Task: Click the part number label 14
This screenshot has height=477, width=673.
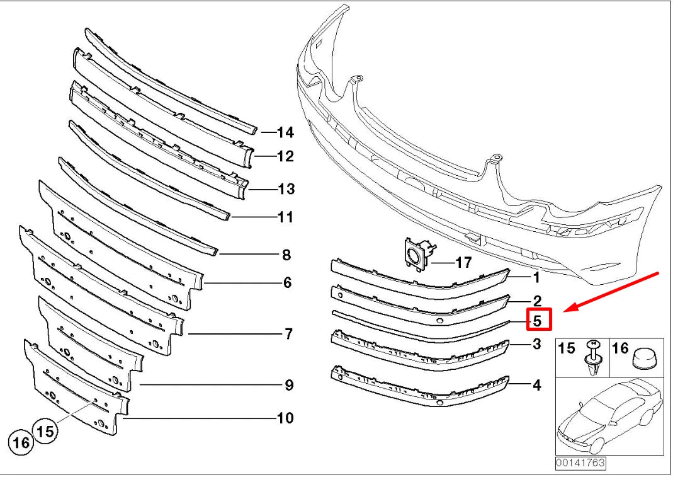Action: [285, 132]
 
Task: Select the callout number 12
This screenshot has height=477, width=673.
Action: [285, 156]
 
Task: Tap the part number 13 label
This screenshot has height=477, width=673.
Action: [286, 189]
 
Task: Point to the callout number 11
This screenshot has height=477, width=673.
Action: [285, 217]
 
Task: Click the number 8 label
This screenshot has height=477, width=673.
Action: [286, 255]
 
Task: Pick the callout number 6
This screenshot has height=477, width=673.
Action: [287, 283]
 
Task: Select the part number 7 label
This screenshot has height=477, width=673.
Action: [288, 333]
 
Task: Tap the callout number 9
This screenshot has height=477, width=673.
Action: [288, 385]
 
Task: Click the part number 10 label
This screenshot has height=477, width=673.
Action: [285, 418]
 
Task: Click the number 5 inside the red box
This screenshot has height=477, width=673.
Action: [538, 320]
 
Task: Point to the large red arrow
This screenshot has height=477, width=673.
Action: [611, 292]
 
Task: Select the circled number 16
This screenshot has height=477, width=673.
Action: [21, 443]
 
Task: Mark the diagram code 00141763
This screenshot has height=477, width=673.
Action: [580, 463]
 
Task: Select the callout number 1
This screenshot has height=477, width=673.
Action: [536, 277]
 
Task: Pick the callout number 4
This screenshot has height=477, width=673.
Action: [536, 384]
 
